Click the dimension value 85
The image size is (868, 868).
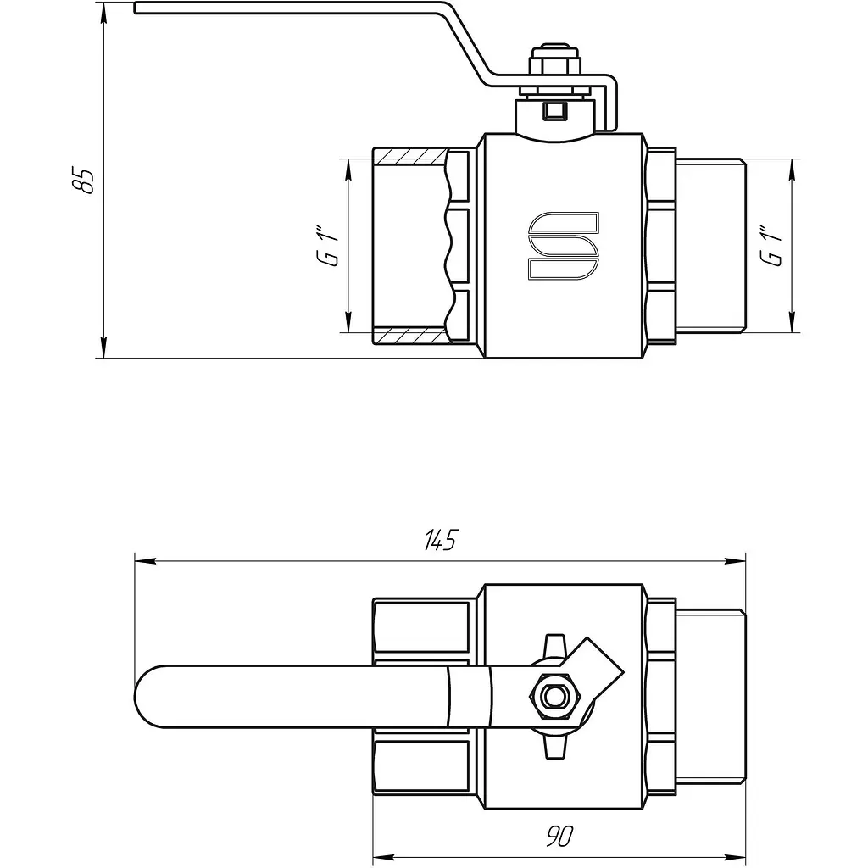[84, 180]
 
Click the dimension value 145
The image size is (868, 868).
[441, 540]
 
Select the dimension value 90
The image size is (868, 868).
[559, 836]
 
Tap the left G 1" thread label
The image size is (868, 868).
[328, 246]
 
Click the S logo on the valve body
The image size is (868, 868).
[564, 245]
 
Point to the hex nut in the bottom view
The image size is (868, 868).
[554, 696]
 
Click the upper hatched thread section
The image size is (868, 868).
[409, 157]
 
